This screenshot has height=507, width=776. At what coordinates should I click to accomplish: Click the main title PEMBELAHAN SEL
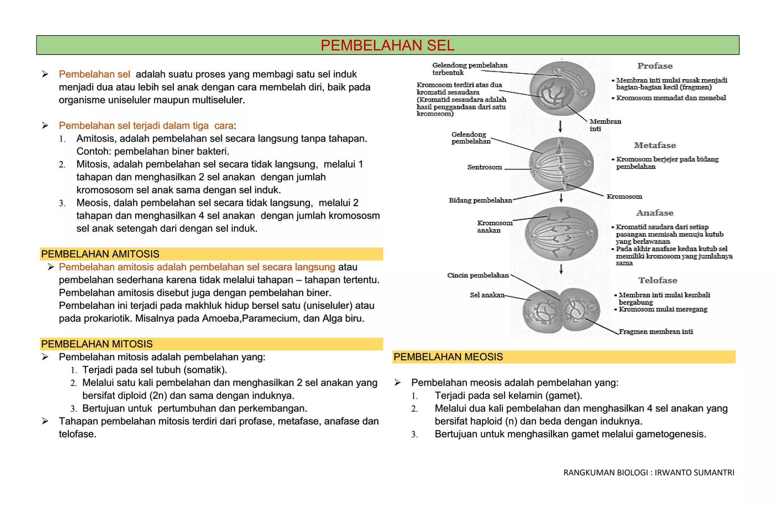click(x=387, y=45)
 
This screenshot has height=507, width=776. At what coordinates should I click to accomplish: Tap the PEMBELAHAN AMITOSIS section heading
click(x=100, y=254)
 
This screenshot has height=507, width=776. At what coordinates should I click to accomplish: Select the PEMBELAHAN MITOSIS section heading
click(x=97, y=344)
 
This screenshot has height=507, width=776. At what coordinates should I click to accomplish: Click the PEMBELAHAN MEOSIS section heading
click(x=448, y=357)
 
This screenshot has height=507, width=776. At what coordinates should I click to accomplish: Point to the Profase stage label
click(x=655, y=66)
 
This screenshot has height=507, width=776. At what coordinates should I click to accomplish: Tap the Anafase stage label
click(x=655, y=213)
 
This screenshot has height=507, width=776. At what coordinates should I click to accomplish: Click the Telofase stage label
click(x=658, y=280)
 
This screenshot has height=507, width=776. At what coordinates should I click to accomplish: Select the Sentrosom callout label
click(x=485, y=167)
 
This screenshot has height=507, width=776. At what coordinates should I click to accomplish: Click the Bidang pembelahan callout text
click(x=480, y=200)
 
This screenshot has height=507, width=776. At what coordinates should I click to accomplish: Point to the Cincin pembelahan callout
click(x=478, y=275)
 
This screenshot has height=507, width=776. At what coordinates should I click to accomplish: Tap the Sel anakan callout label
click(x=487, y=295)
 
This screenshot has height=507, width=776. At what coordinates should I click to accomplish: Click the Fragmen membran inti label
click(x=656, y=332)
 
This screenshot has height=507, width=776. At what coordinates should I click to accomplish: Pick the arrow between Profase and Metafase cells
click(x=560, y=126)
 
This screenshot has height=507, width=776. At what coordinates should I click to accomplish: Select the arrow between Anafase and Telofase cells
click(x=561, y=269)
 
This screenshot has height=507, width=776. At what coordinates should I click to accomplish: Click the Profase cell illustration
click(x=562, y=88)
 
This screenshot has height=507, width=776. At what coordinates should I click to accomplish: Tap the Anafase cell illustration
click(x=561, y=234)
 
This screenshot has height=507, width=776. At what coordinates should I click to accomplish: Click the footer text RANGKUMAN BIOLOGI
click(x=649, y=473)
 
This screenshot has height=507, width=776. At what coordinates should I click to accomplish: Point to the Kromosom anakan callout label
click(x=494, y=226)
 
